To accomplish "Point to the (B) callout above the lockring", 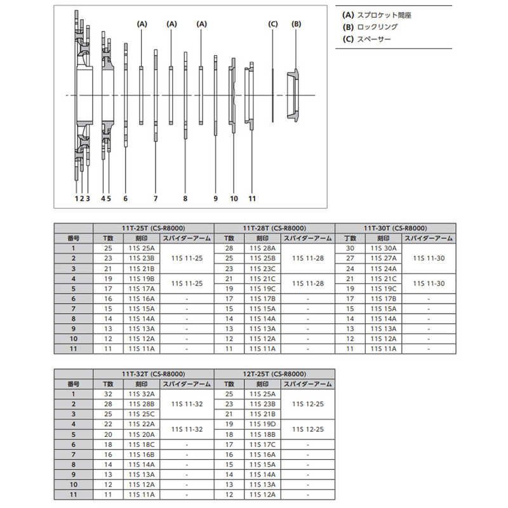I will pyautogui.click(x=296, y=23).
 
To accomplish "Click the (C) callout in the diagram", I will pyautogui.click(x=273, y=23).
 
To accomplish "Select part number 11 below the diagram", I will pyautogui.click(x=252, y=198).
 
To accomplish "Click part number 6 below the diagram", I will pyautogui.click(x=126, y=198).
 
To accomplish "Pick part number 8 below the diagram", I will pyautogui.click(x=185, y=198).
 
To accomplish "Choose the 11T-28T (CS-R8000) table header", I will pyautogui.click(x=274, y=228).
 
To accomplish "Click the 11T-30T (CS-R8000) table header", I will pyautogui.click(x=395, y=228).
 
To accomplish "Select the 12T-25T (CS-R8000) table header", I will pyautogui.click(x=274, y=375).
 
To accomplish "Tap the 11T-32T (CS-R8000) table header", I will pyautogui.click(x=154, y=375).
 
